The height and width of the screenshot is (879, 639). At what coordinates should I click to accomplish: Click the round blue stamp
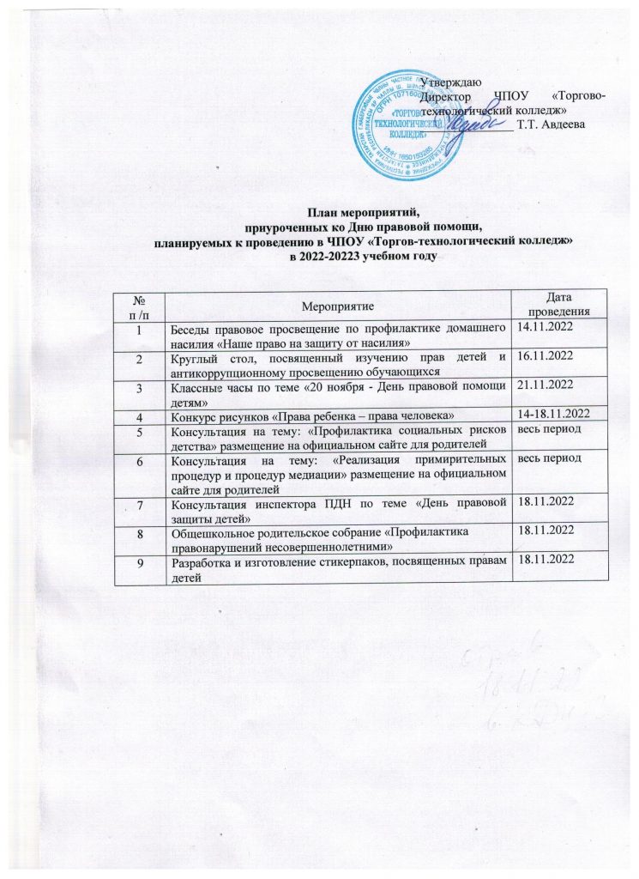(x=405, y=119)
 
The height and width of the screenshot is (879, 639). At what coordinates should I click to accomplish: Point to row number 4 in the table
(x=138, y=416)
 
